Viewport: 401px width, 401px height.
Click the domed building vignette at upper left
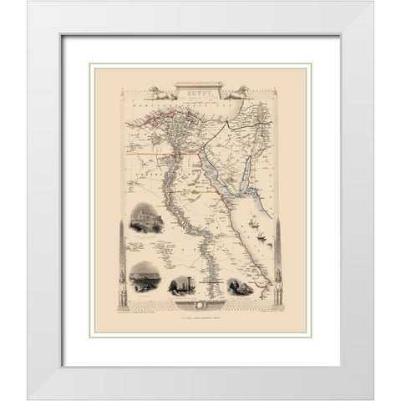148,221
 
